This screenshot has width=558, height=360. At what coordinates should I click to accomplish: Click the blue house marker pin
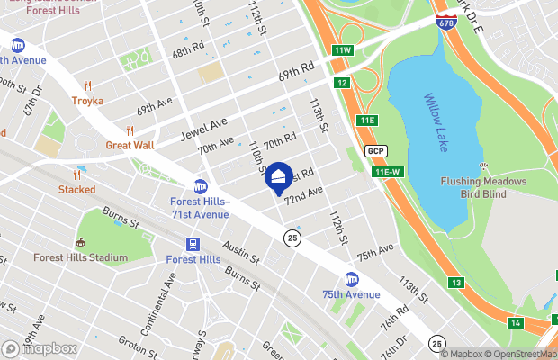click(x=280, y=177)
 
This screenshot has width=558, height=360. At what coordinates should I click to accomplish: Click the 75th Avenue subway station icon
click(x=352, y=279)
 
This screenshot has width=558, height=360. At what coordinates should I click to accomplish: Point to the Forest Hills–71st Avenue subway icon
click(x=200, y=185)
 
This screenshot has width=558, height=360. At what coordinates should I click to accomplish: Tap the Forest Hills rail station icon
click(x=193, y=244)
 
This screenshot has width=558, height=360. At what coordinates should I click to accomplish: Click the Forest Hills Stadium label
click(x=80, y=257)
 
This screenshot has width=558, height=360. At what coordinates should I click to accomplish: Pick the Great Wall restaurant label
click(x=130, y=145)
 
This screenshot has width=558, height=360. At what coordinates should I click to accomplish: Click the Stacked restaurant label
click(x=76, y=189)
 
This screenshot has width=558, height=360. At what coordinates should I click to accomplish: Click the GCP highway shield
click(x=375, y=150)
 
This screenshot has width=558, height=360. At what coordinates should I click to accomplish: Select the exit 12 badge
click(x=342, y=83)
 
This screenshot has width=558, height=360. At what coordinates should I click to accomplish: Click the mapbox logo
click(x=40, y=348)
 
